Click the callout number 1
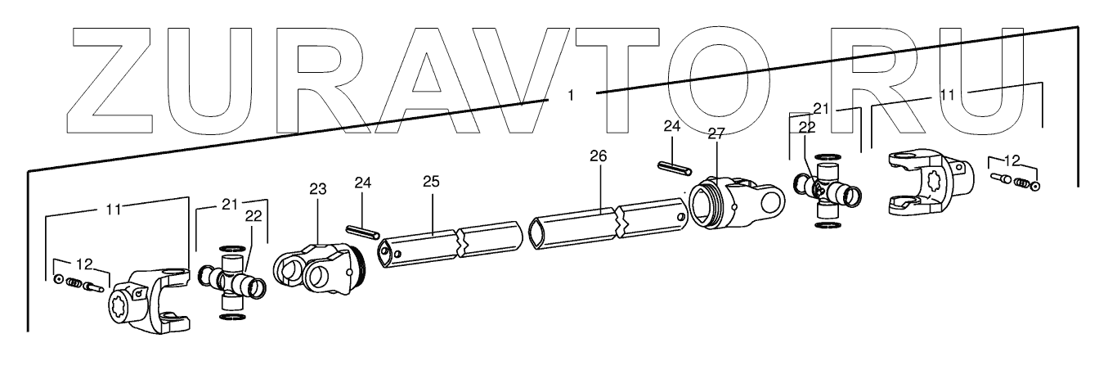(x=571, y=95)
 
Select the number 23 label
(x=317, y=189)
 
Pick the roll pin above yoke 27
(x=675, y=168)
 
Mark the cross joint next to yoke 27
(x=826, y=190)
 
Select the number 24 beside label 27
(x=671, y=128)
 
